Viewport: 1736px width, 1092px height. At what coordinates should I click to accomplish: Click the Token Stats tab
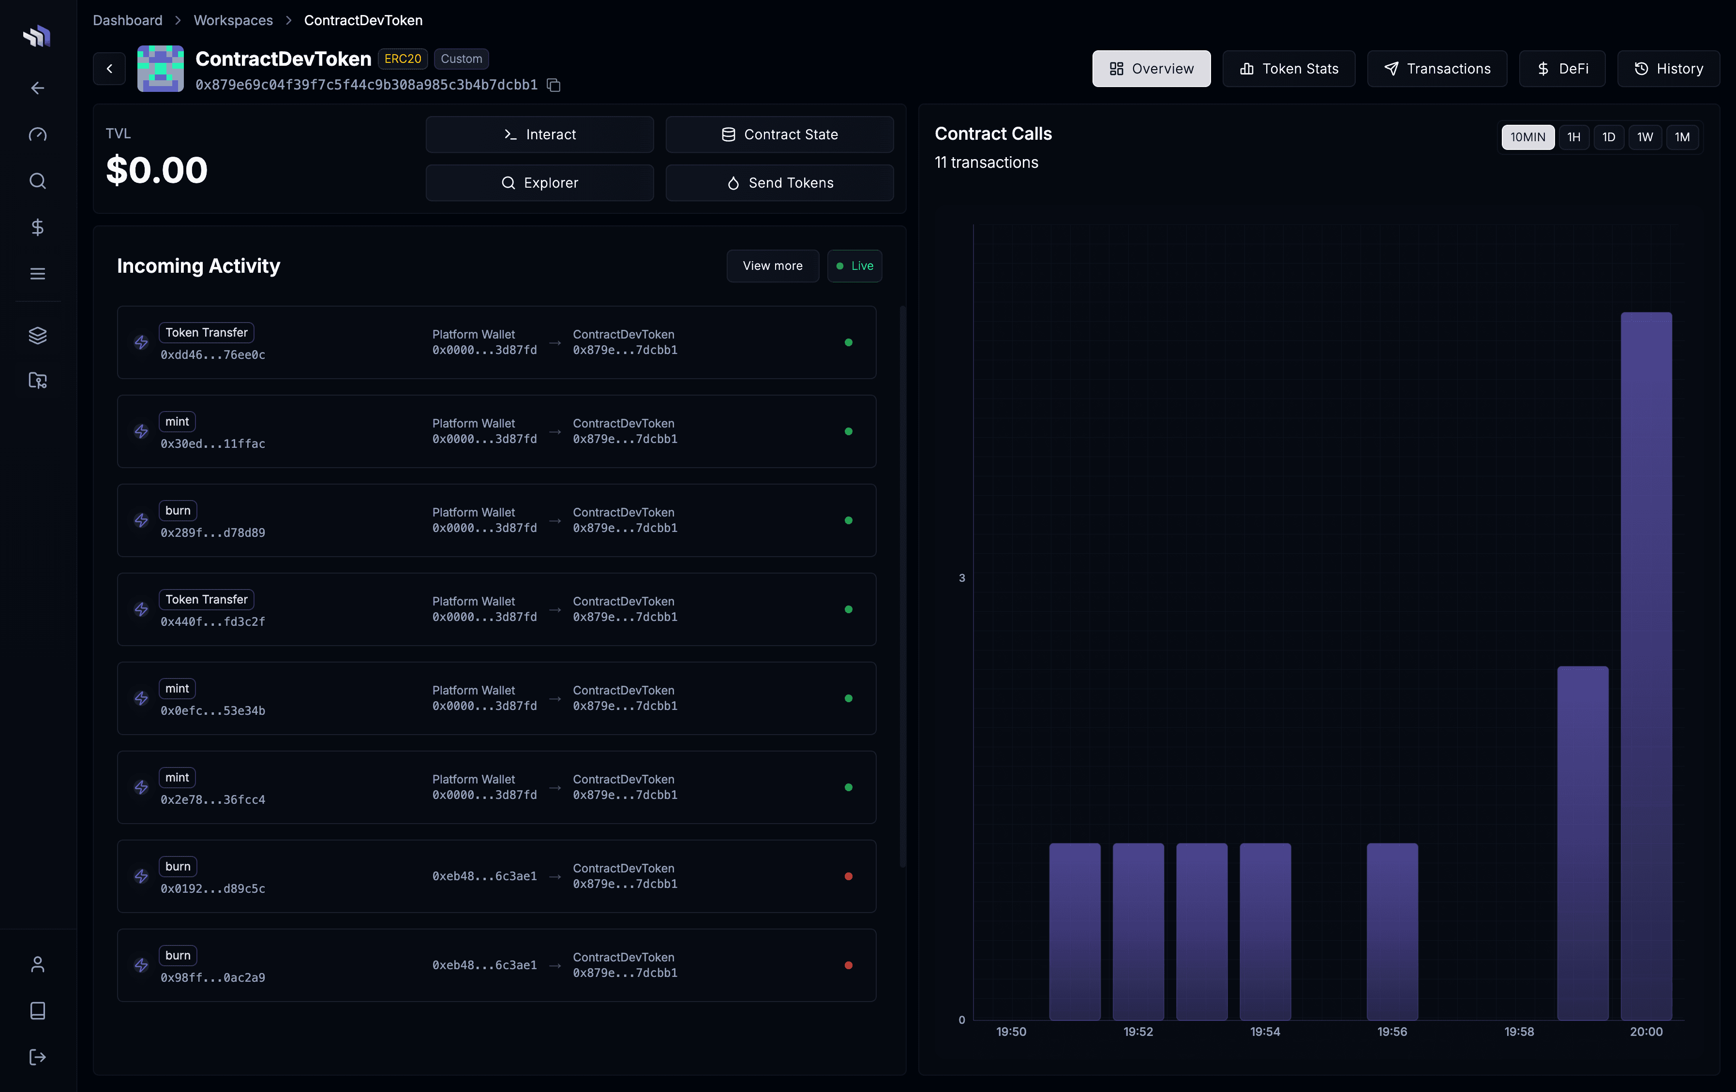(x=1288, y=69)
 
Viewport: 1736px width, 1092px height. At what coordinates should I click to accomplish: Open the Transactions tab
(x=1437, y=69)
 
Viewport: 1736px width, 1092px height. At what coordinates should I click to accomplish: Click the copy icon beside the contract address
(x=554, y=85)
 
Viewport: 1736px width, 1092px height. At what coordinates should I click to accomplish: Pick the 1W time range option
(x=1645, y=137)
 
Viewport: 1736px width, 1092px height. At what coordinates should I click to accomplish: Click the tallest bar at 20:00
(x=1646, y=663)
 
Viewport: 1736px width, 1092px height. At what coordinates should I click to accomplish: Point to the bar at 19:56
(x=1392, y=930)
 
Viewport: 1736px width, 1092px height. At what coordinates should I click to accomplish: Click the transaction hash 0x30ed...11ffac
(x=213, y=444)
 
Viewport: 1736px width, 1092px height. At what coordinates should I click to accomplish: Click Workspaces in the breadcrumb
(x=233, y=20)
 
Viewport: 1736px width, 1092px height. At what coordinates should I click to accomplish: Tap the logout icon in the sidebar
(x=37, y=1057)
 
